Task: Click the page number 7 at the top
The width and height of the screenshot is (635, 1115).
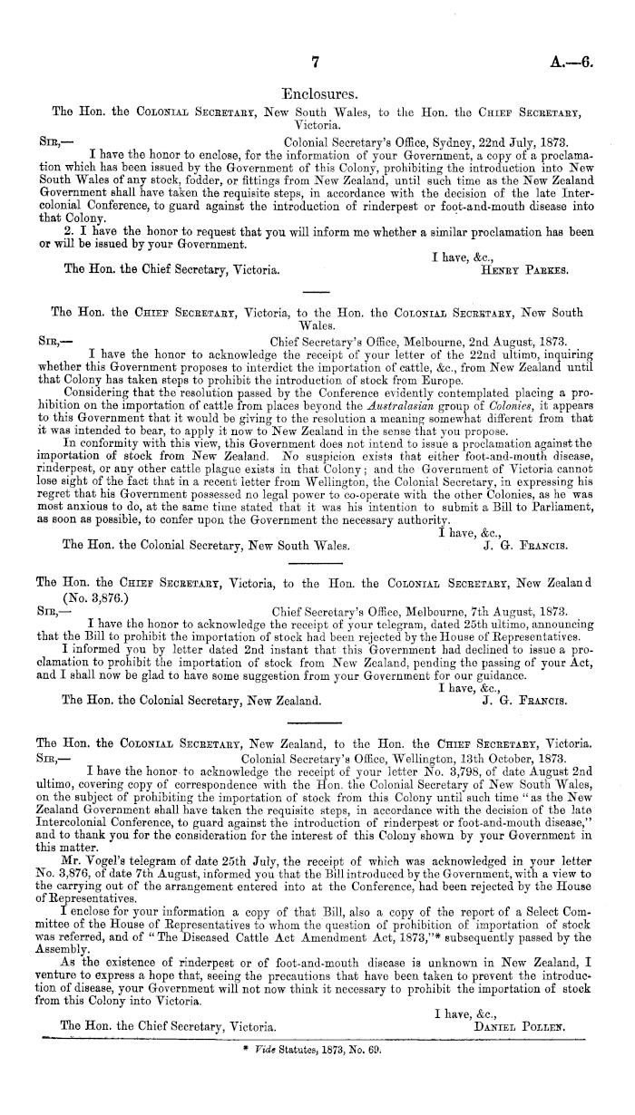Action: click(x=317, y=62)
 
